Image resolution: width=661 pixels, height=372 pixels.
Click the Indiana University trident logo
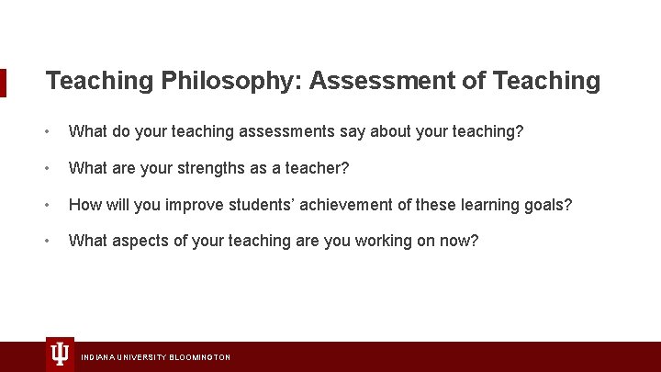click(60, 354)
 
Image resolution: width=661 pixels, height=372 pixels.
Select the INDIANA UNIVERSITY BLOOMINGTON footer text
click(156, 356)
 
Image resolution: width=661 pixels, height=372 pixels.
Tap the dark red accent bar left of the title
click(3, 82)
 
